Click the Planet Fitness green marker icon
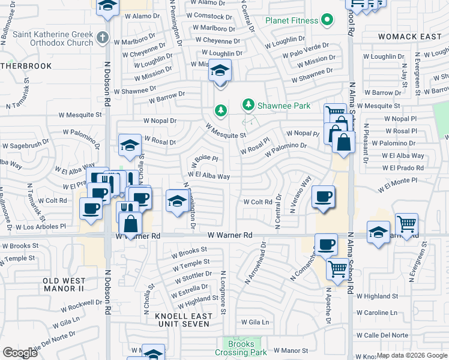(327, 20)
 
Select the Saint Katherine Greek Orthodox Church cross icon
(103, 38)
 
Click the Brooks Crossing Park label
(241, 348)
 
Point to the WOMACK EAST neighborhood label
(410, 37)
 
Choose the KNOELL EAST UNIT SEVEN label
(182, 319)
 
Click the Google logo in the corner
(20, 353)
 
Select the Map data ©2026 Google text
(412, 355)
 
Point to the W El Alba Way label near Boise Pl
(208, 176)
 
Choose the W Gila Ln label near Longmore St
(255, 322)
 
